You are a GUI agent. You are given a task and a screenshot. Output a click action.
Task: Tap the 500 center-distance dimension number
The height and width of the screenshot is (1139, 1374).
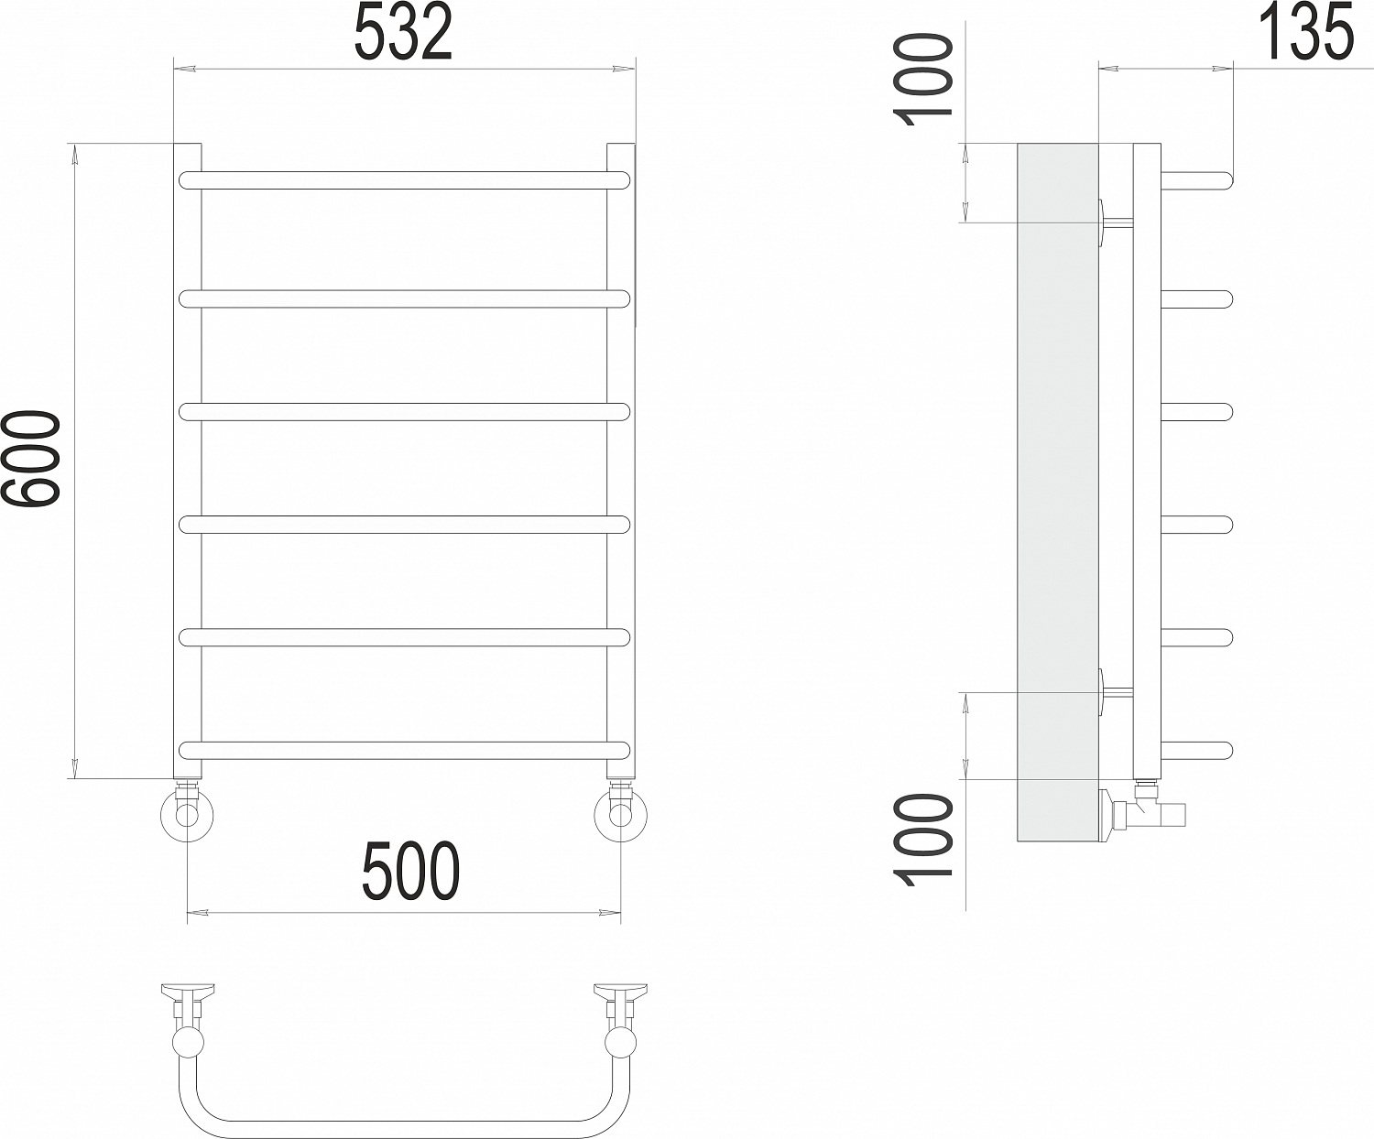click(x=410, y=872)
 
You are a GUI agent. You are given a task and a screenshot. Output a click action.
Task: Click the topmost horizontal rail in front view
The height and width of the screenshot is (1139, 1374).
click(x=404, y=181)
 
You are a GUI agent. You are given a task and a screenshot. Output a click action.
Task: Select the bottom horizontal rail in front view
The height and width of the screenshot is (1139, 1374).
click(x=404, y=751)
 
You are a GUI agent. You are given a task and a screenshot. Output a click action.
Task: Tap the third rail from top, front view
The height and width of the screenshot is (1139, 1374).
click(x=404, y=412)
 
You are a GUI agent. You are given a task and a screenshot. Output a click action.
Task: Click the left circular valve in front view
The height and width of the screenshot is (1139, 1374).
click(x=188, y=816)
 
